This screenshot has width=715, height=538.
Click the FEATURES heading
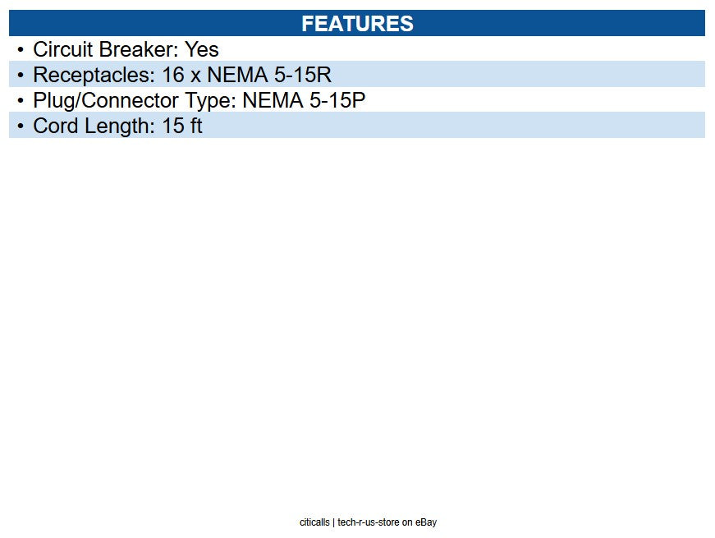point(357,24)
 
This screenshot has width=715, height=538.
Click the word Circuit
point(63,49)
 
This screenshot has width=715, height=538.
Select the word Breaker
point(139,49)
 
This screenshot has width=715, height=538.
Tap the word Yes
point(202,49)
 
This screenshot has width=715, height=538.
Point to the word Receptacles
point(94,76)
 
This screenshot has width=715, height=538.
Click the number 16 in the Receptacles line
point(173,75)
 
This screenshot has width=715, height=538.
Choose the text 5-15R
point(302,75)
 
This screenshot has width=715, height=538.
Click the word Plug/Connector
point(106,101)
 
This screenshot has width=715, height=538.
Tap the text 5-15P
point(337,100)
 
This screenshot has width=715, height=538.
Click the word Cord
point(56,126)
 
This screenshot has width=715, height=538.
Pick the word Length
point(120,126)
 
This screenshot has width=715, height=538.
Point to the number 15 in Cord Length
point(173,126)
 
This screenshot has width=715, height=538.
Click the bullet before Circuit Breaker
point(20,49)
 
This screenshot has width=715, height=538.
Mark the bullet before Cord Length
point(20,126)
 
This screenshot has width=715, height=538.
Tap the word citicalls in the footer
point(314,522)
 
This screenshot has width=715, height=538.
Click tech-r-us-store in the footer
point(369,522)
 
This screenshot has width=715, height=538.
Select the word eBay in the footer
point(426,522)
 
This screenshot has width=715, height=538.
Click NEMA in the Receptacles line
point(237,75)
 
